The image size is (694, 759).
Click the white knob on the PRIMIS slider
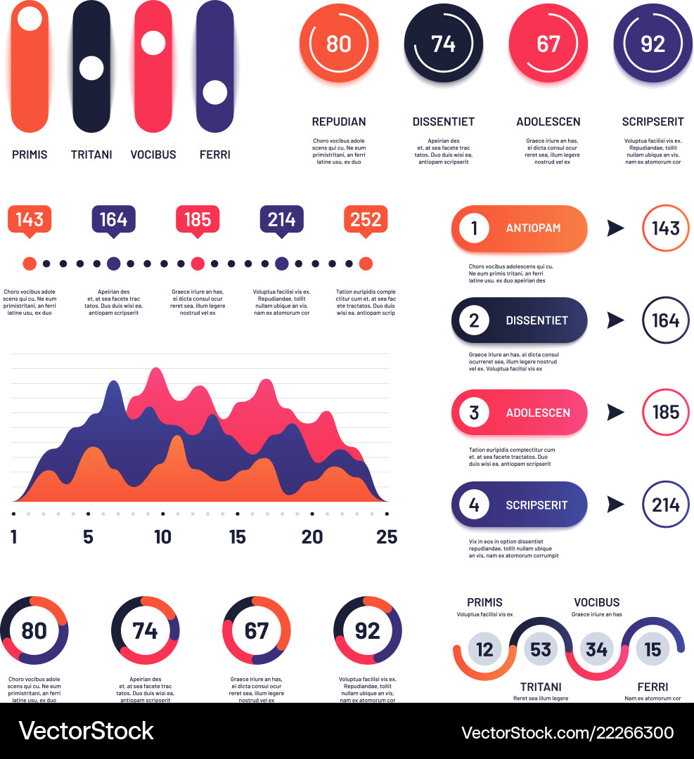30,18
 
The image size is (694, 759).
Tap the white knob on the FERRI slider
214,93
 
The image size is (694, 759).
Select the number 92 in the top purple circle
653,44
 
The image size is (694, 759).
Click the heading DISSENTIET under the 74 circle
443,122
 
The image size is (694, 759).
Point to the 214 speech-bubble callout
281,220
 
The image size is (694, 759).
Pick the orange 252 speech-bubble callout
366,220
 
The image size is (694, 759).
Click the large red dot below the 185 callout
198,264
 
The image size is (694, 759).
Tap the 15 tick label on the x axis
238,537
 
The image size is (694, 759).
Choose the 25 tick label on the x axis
387,537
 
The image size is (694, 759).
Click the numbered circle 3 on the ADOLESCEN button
474,413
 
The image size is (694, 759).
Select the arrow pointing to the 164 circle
615,320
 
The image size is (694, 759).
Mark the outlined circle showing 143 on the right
665,228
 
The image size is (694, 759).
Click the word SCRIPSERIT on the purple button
536,505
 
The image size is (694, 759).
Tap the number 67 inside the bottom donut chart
256,630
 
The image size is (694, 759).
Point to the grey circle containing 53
541,649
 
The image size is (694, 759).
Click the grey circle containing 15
653,649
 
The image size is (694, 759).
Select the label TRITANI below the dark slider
91,155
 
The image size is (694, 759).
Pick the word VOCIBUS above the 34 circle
596,602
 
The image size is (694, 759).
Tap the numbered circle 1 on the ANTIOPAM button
474,228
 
